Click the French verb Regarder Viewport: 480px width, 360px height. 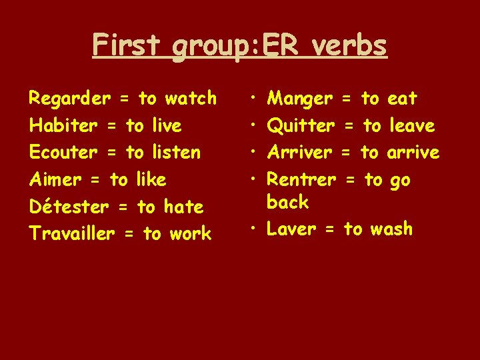click(69, 99)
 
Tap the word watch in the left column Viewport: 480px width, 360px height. click(191, 99)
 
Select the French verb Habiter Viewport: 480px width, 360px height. click(63, 126)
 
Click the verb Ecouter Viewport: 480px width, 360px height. click(63, 153)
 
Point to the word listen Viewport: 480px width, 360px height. click(176, 153)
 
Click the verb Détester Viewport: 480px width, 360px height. click(69, 207)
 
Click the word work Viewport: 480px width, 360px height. click(190, 234)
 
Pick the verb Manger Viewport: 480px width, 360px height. click(299, 99)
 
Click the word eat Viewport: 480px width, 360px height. click(402, 99)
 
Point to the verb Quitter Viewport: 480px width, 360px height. click(301, 126)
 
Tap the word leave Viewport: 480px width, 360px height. click(412, 126)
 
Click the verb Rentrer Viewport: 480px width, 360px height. click(301, 180)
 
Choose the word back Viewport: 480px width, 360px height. click(287, 202)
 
